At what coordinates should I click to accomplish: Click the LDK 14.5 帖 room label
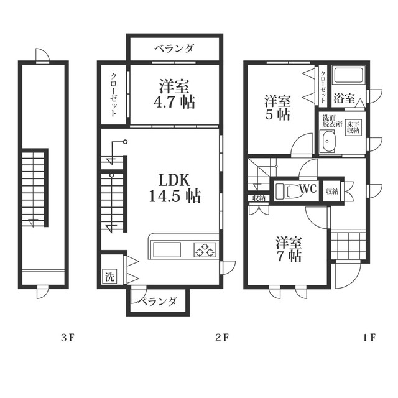point(175,188)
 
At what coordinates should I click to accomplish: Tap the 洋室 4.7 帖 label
point(174,94)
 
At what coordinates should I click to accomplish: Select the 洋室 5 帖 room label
point(278,108)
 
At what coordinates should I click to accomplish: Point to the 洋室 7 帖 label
point(289,249)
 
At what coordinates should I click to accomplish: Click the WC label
point(308,188)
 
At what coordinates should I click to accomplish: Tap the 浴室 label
point(344,98)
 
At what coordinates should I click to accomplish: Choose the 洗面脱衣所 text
point(332,121)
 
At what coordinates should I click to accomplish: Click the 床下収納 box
point(353,127)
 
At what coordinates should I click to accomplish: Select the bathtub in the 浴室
point(349,75)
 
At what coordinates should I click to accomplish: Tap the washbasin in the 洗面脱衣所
point(328,141)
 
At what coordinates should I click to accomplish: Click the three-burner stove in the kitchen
point(205,249)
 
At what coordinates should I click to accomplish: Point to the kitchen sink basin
point(166,250)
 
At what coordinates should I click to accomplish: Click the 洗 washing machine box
point(109,276)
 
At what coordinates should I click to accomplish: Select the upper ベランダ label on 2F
point(174,49)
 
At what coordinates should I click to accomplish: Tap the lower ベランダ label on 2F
point(157,302)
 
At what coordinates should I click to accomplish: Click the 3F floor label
point(68,338)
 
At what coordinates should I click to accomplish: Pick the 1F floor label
point(369,338)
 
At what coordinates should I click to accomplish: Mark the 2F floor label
point(222,338)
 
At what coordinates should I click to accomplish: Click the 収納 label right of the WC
point(331,191)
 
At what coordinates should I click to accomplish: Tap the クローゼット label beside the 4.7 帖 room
point(113,95)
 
